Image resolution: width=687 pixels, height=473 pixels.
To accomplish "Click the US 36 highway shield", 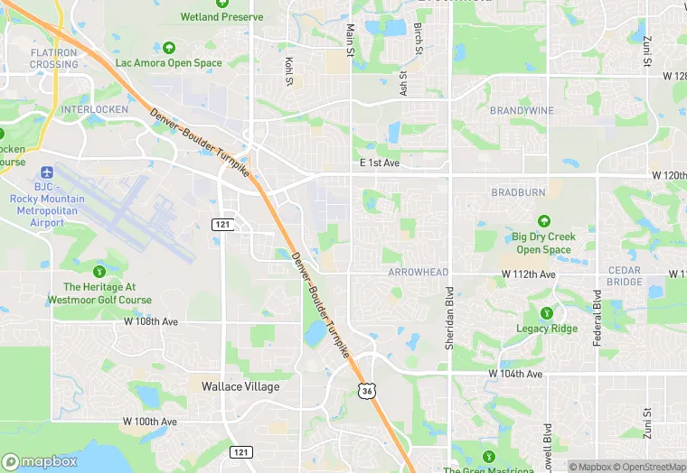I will (x=365, y=390).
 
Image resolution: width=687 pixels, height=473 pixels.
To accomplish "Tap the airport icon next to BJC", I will (x=46, y=172).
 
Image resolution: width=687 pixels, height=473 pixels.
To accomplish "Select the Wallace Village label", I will (x=240, y=386).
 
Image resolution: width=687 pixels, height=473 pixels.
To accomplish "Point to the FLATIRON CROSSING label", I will (x=53, y=59).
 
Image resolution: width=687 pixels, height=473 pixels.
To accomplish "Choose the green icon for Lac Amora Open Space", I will (x=168, y=47).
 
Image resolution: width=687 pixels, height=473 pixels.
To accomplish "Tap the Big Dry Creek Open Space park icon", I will (x=543, y=221).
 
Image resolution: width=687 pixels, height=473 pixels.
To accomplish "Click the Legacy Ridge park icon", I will (x=546, y=313).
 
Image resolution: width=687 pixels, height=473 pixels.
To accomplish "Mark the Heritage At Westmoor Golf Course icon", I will (x=99, y=271).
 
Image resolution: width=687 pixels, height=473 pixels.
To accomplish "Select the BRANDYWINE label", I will (x=521, y=111).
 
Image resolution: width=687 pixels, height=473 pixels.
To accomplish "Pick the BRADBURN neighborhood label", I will (x=519, y=192).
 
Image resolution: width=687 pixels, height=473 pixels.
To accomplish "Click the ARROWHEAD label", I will (x=418, y=272).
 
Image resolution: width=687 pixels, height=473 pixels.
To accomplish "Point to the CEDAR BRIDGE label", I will (x=624, y=276).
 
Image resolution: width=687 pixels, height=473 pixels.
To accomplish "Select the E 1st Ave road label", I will (x=379, y=163).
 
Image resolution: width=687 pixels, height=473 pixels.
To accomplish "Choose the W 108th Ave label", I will (x=151, y=321).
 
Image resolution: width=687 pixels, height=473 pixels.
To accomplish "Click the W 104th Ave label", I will (x=515, y=374).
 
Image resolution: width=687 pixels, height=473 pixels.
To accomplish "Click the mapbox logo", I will (x=40, y=460).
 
